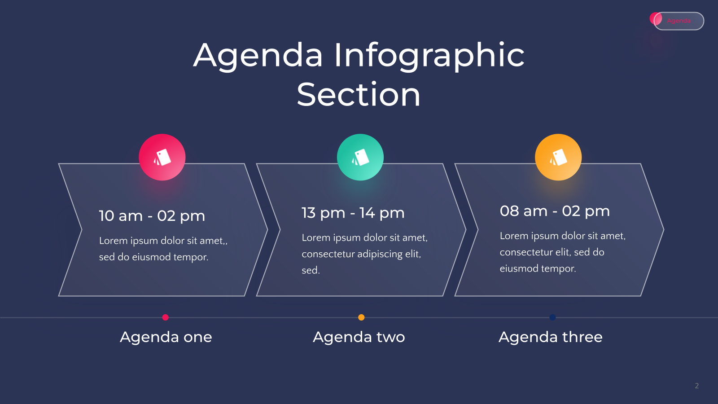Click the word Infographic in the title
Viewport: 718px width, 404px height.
click(429, 57)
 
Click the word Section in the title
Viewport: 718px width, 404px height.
click(359, 95)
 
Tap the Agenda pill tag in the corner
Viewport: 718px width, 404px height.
click(679, 21)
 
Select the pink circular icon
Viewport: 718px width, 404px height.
click(162, 157)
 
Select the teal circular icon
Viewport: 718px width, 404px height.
click(360, 157)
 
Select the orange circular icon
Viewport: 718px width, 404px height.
click(558, 157)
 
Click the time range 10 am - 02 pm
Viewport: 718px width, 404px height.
click(152, 216)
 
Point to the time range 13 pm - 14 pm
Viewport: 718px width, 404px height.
click(353, 213)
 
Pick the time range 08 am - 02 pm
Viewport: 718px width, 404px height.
click(555, 211)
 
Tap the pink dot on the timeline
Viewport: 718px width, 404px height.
click(166, 317)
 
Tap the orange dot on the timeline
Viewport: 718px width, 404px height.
click(361, 317)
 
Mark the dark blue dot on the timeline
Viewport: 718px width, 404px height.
click(552, 317)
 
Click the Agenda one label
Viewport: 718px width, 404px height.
click(166, 337)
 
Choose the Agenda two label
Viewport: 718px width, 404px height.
click(359, 337)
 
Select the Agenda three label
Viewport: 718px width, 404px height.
click(551, 337)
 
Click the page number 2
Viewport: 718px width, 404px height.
click(697, 386)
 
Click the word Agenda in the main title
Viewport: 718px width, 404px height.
click(258, 57)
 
